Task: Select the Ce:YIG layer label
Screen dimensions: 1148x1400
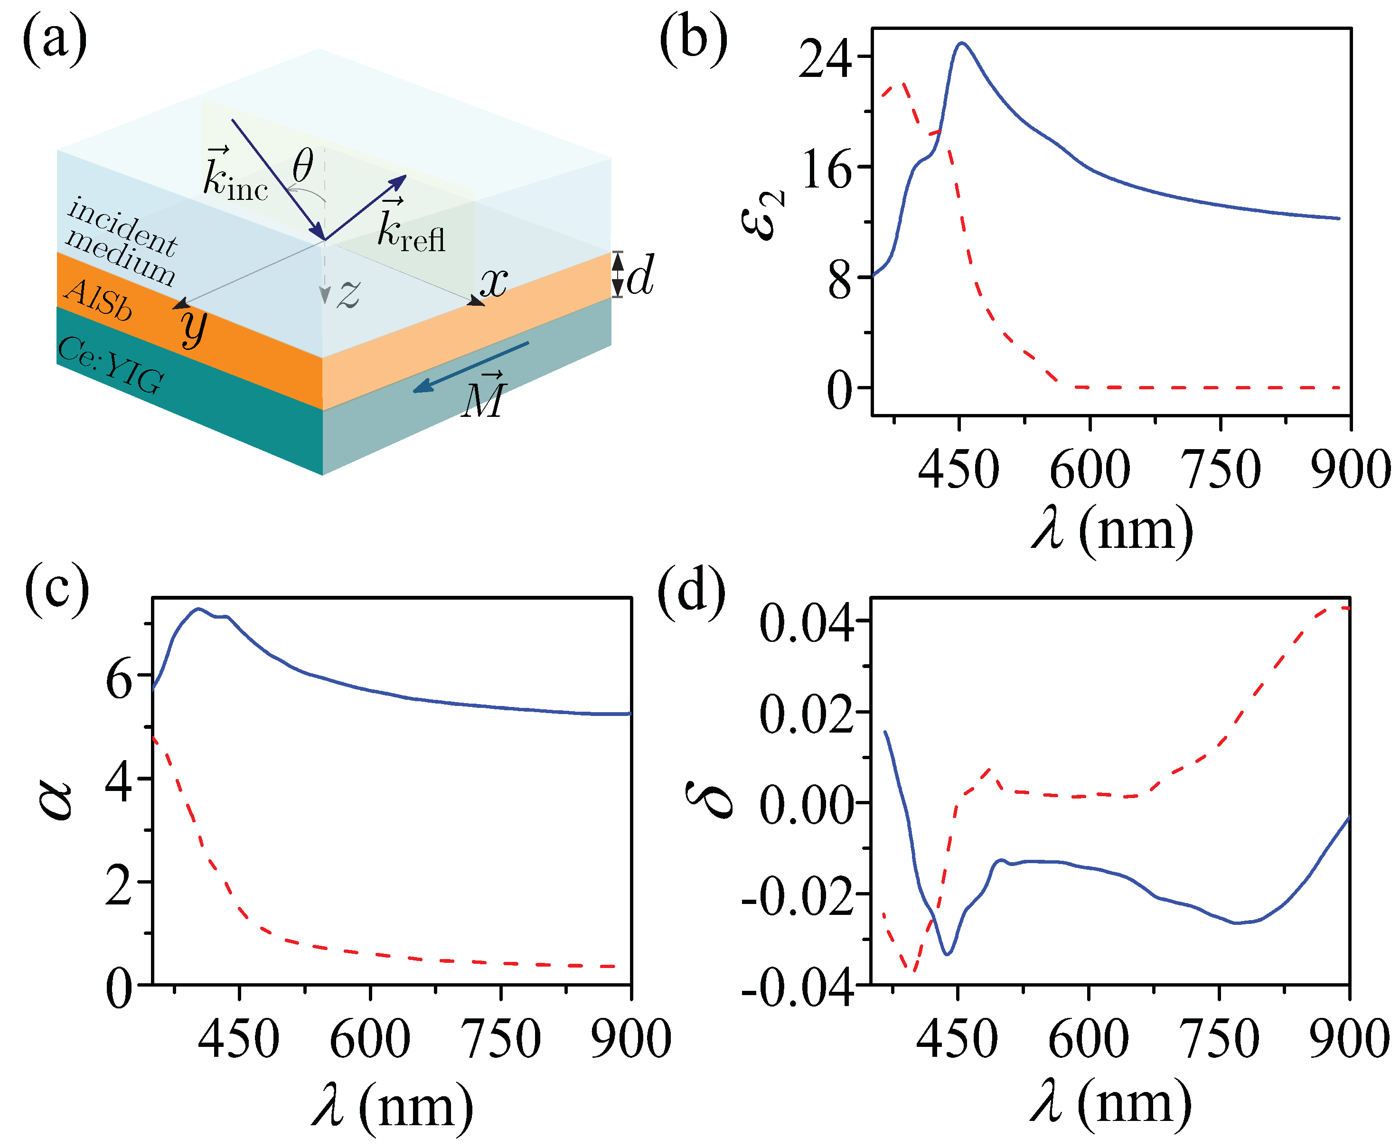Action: [x=111, y=365]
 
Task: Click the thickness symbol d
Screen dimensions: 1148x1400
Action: [x=639, y=274]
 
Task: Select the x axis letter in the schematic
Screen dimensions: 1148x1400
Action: [x=493, y=282]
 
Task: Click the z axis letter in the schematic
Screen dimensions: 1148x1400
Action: [x=348, y=293]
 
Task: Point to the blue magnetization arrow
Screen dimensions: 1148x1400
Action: [x=471, y=367]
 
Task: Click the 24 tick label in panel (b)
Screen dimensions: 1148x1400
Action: [x=825, y=58]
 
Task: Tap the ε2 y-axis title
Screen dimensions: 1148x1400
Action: [x=762, y=215]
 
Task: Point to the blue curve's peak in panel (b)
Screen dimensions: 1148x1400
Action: [x=962, y=43]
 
